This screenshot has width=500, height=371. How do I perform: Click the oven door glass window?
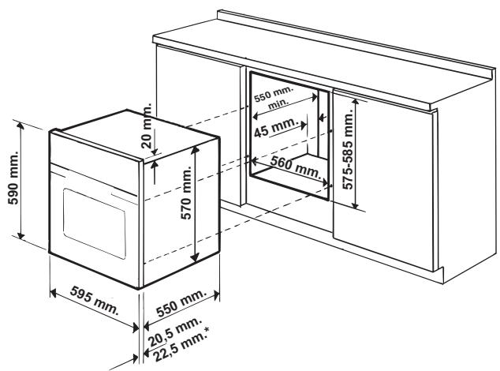click(x=93, y=218)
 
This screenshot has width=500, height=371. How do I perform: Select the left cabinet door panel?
click(x=196, y=118)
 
